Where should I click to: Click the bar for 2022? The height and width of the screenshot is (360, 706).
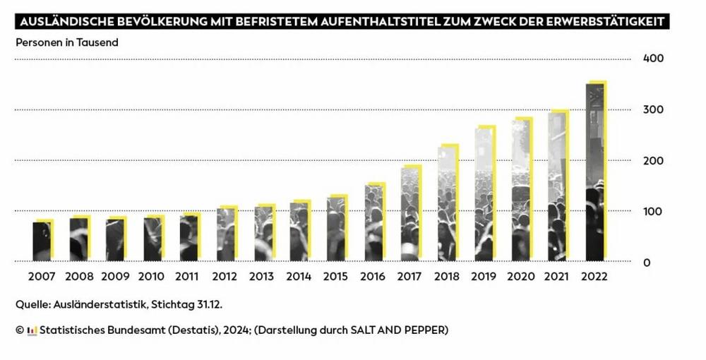pyautogui.click(x=594, y=173)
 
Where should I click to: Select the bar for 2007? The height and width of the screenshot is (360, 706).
pyautogui.click(x=42, y=241)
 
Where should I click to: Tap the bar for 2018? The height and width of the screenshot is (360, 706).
pyautogui.click(x=447, y=205)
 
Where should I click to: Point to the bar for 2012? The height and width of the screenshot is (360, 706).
pyautogui.click(x=225, y=234)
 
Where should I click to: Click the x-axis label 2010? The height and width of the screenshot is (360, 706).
pyautogui.click(x=152, y=277)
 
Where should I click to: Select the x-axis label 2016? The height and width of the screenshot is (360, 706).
pyautogui.click(x=373, y=277)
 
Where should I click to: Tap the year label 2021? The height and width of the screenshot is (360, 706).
pyautogui.click(x=558, y=277)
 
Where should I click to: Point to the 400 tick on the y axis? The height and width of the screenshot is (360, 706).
pyautogui.click(x=653, y=58)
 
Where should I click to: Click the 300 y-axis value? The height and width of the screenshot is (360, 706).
pyautogui.click(x=653, y=109)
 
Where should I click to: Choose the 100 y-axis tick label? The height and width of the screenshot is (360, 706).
pyautogui.click(x=653, y=211)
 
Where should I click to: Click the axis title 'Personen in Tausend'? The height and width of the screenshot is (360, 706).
pyautogui.click(x=67, y=42)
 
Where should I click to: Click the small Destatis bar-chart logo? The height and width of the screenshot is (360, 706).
pyautogui.click(x=31, y=330)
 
